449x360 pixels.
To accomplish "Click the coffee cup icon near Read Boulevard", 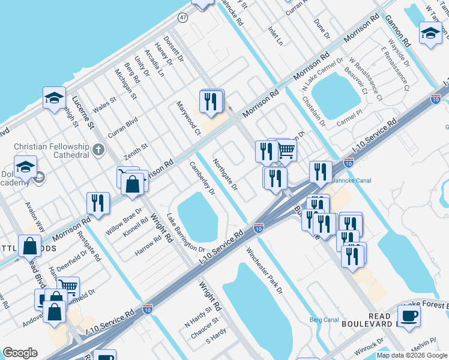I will (x=409, y=316).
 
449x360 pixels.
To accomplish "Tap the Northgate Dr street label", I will (x=226, y=175).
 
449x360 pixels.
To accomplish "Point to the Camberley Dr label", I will (x=202, y=178).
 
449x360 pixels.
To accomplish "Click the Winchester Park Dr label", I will (x=264, y=271).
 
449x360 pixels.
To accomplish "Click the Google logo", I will (x=20, y=353).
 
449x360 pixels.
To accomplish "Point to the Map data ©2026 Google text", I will (x=412, y=355).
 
